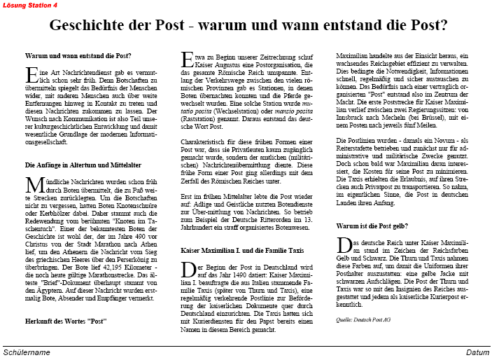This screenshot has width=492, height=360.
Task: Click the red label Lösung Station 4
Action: click(30, 5)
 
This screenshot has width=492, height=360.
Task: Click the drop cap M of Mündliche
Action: click(32, 185)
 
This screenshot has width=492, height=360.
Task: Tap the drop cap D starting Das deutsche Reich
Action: click(343, 246)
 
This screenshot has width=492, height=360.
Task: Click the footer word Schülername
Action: click(27, 352)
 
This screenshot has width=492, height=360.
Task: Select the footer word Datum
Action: click(478, 352)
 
